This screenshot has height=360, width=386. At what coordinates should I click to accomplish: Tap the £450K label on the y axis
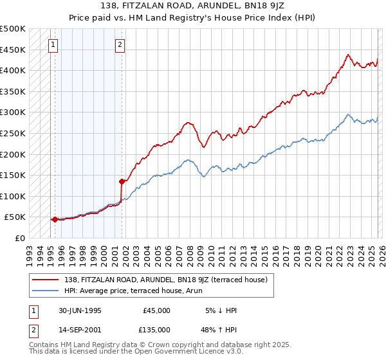[x=13, y=50]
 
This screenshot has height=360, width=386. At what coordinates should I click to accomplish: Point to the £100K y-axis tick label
[x=13, y=196]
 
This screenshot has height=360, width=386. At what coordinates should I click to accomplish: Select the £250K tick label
[x=13, y=133]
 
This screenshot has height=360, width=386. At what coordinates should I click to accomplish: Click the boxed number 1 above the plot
[x=53, y=45]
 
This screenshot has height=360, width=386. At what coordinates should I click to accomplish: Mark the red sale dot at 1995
[x=55, y=219]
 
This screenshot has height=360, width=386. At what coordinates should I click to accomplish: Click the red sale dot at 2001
[x=121, y=181]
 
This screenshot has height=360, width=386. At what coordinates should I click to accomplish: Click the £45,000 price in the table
[x=156, y=310]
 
